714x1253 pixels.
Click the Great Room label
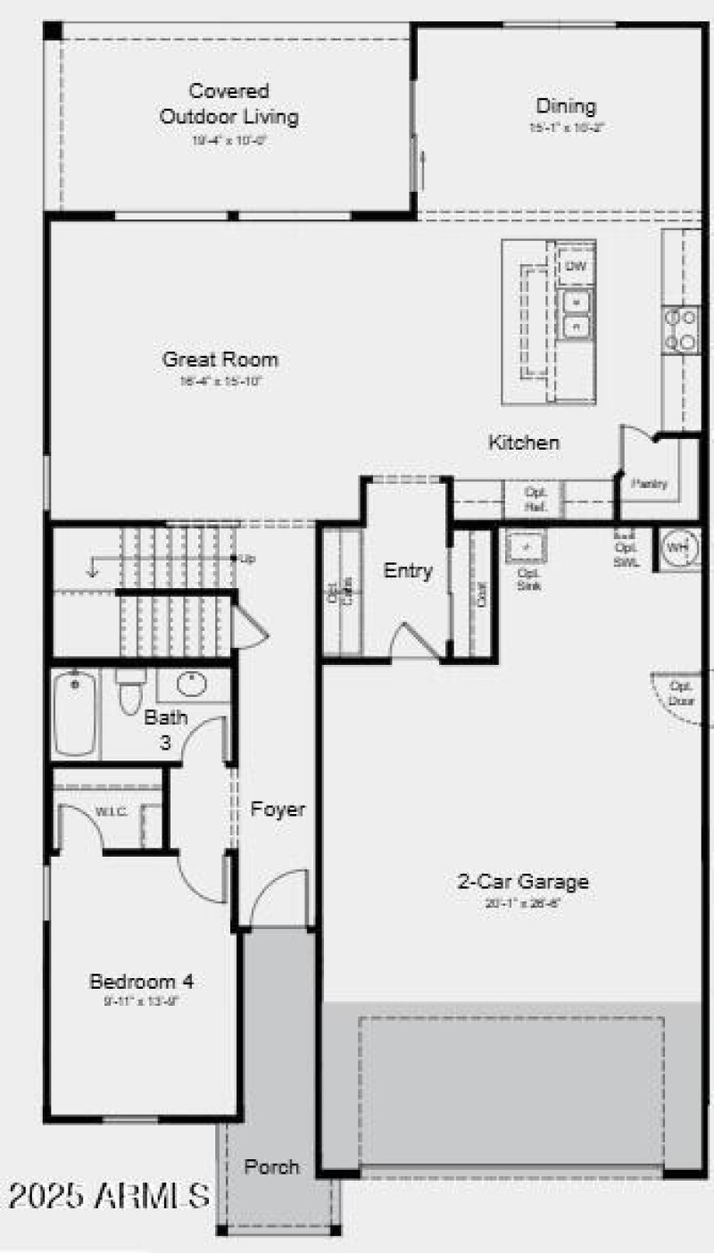click(220, 360)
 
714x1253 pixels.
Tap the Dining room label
click(566, 106)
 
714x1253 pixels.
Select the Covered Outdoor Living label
click(229, 104)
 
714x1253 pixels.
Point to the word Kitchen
click(524, 442)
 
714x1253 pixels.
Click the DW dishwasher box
click(576, 267)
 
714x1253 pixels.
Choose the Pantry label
click(650, 483)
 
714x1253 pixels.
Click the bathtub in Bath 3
click(75, 714)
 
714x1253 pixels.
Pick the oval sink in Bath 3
click(192, 685)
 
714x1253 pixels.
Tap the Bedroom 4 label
click(141, 982)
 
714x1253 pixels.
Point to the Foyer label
click(278, 809)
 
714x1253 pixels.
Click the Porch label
click(272, 1166)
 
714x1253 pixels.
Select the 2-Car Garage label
click(523, 882)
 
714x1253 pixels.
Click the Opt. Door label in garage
click(681, 693)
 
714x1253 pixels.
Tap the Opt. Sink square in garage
click(527, 546)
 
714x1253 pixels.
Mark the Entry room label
click(408, 571)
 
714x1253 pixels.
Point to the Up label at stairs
click(248, 559)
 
